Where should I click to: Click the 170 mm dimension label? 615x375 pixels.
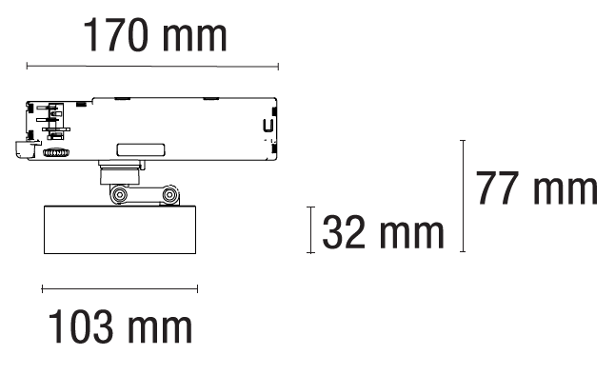coord(155,35)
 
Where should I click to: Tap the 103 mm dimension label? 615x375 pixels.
coord(120,326)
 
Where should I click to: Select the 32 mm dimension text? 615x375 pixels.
coord(383,232)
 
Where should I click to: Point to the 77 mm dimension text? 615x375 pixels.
coord(536,187)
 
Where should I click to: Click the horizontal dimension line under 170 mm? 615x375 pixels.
coord(152,67)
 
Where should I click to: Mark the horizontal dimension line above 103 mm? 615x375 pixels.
coord(120,289)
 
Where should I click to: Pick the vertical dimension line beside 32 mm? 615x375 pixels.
coord(310,230)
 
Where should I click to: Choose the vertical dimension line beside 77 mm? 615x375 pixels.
coord(463,196)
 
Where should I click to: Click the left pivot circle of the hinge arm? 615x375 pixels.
coord(118,194)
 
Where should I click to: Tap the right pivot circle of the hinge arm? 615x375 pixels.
coord(169,194)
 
